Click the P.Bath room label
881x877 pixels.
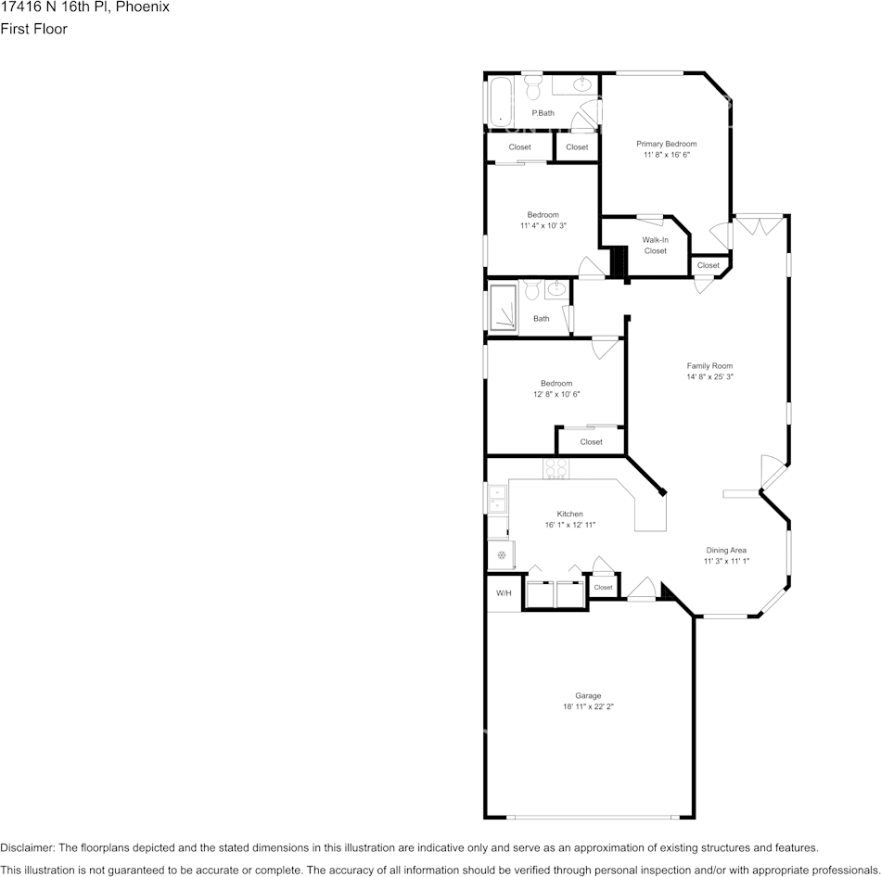[x=543, y=113]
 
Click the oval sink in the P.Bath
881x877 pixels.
[x=581, y=85]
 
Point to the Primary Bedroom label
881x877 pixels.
[x=666, y=144]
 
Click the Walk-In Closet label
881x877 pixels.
[x=655, y=245]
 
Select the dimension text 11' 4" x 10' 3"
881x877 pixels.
[x=543, y=225]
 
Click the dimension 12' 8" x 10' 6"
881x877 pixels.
[x=556, y=394]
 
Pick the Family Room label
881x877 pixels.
[x=709, y=365]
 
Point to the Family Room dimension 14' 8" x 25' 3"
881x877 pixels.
[x=709, y=377]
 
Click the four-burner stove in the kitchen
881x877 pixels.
[x=555, y=468]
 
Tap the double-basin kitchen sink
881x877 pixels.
[x=497, y=499]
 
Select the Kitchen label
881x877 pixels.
[x=569, y=514]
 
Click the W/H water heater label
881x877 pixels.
[x=504, y=593]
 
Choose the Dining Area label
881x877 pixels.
[x=725, y=549]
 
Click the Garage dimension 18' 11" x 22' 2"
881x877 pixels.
[x=588, y=706]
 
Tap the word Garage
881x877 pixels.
[x=588, y=695]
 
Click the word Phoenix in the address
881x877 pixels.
[x=145, y=7]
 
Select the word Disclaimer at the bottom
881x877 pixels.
[x=28, y=847]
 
